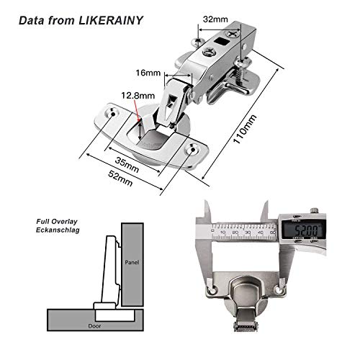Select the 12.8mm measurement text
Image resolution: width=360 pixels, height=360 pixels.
[x=138, y=94]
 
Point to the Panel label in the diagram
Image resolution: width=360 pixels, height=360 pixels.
[x=131, y=261]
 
